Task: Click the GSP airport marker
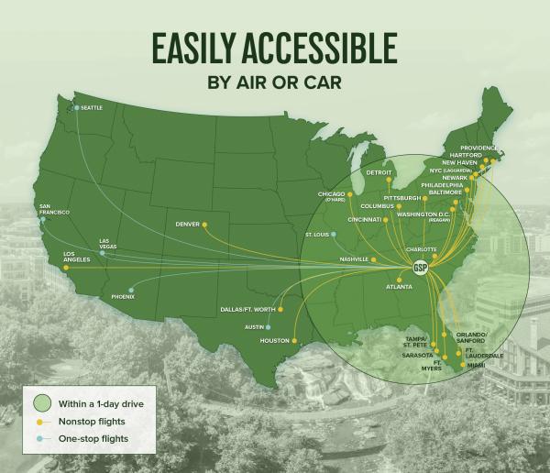pos(421,268)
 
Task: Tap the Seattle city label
pos(92,108)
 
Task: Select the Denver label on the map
pos(187,224)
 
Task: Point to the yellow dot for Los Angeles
pos(66,268)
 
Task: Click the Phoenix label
pos(123,296)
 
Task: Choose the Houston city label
pos(275,341)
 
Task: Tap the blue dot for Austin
pos(269,326)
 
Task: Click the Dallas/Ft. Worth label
pos(248,309)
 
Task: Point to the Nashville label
pos(354,259)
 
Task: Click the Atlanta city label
pos(399,287)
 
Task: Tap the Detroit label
pos(379,172)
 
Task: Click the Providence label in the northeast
pos(478,148)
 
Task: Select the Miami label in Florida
pos(476,365)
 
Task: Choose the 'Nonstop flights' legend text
pos(93,422)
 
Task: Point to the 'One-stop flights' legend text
pos(94,439)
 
